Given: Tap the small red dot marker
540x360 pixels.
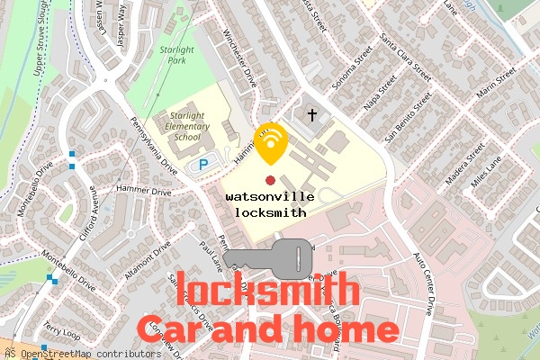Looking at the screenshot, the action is tap(271, 180).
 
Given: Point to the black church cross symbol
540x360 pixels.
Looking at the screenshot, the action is tap(313, 115).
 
